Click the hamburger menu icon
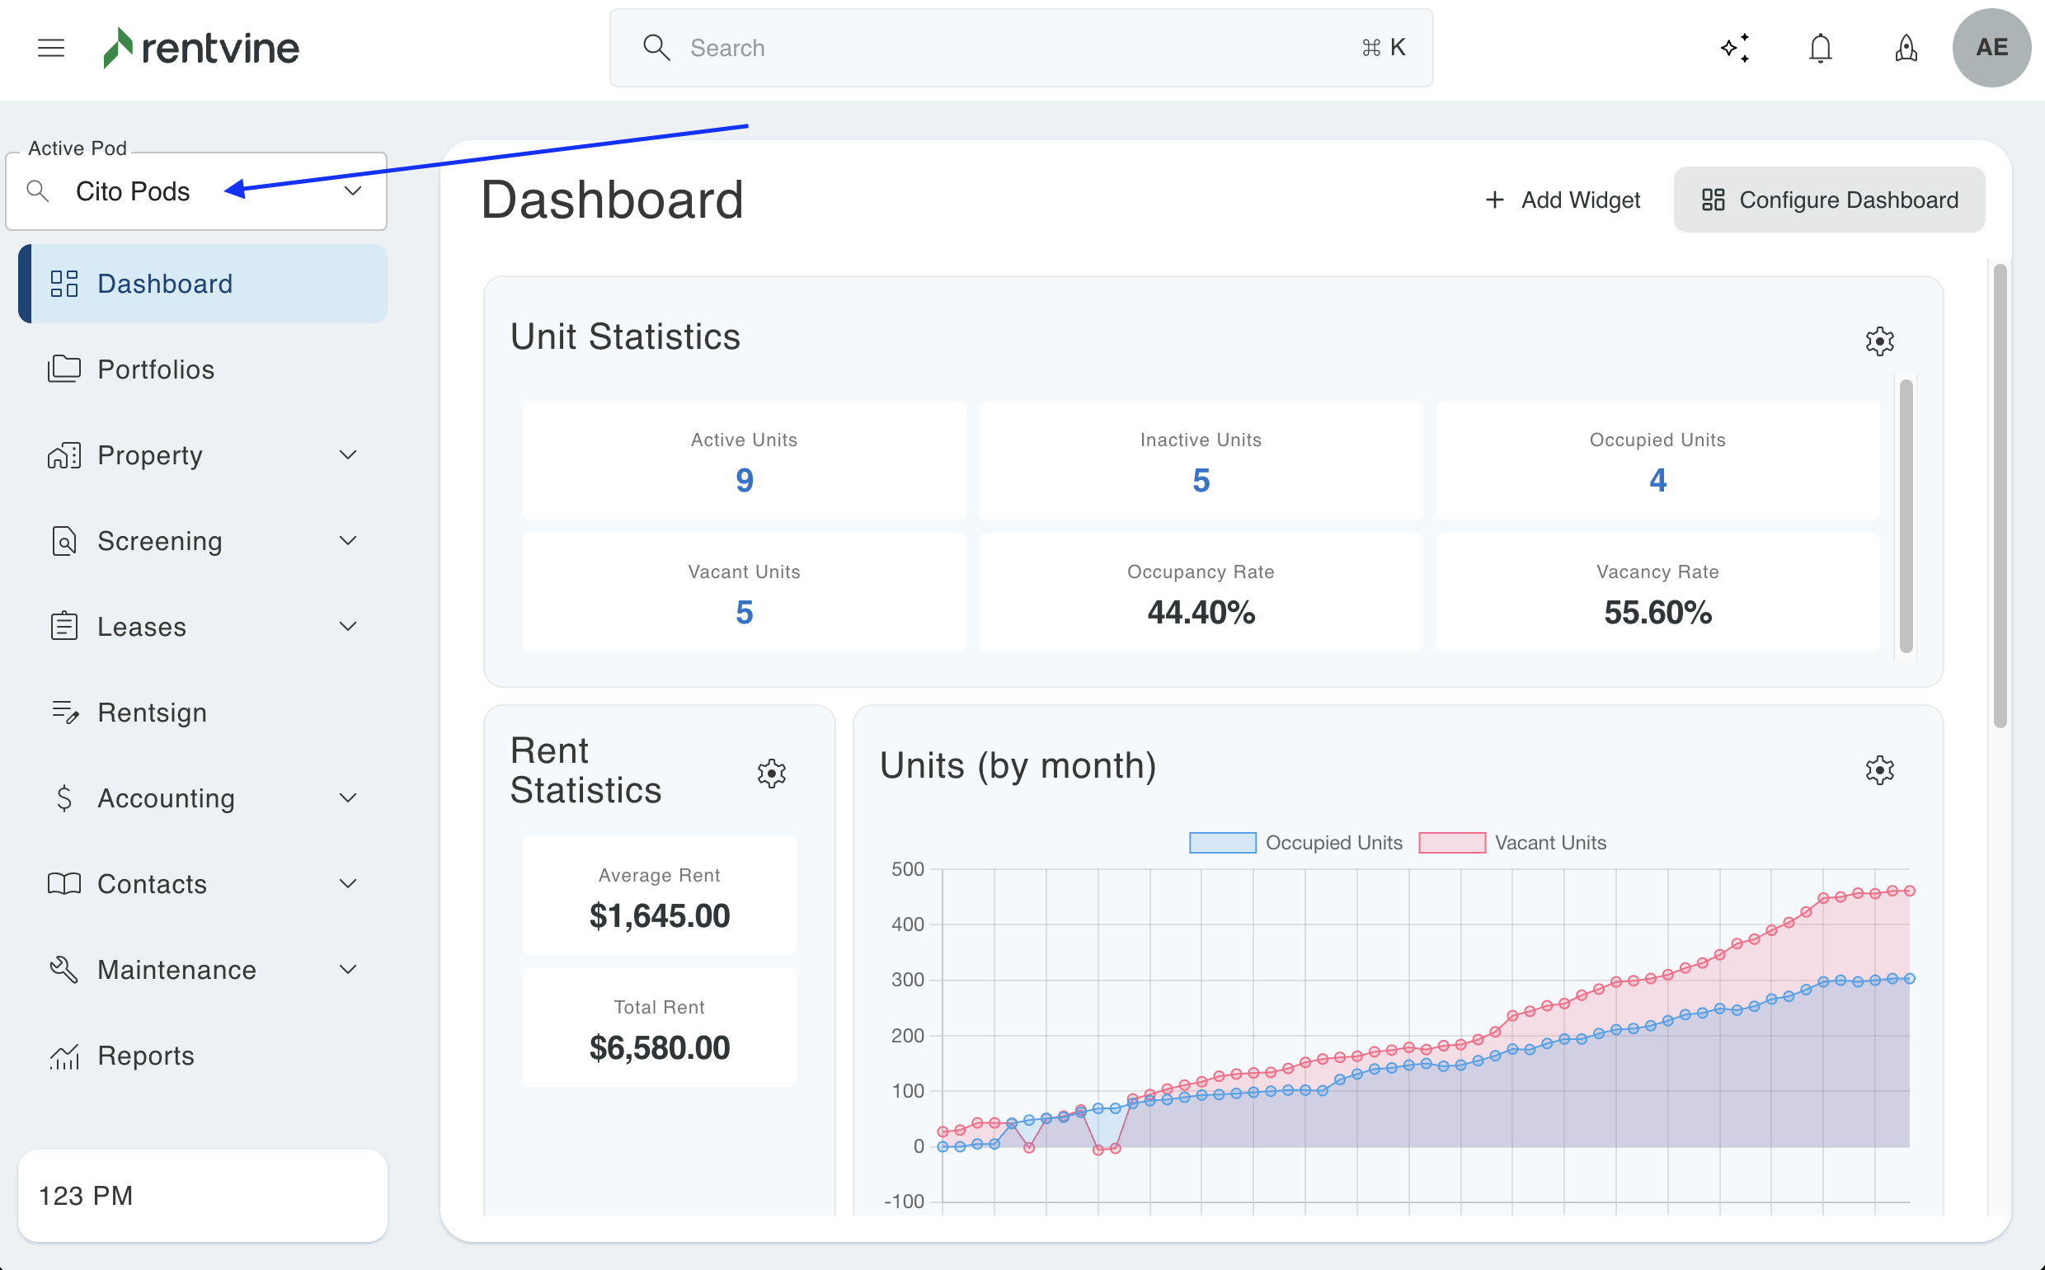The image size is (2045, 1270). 51,48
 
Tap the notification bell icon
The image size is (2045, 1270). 1820,48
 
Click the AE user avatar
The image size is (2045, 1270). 1991,48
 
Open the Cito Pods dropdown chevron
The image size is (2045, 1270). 353,191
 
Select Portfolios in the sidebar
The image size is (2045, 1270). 156,369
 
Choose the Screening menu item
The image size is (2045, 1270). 160,541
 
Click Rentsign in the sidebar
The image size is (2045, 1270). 152,713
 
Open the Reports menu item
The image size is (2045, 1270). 146,1056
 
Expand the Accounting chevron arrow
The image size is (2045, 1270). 348,798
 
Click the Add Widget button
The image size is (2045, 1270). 1563,200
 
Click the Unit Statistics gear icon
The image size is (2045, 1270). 1879,341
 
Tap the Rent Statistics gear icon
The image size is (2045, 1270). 771,773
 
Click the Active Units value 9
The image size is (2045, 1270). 744,481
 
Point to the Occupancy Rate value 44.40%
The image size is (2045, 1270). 1201,612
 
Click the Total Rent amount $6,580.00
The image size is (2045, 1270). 660,1047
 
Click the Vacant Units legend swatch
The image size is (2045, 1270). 1451,843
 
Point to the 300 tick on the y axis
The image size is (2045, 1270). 907,980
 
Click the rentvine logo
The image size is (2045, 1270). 201,48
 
